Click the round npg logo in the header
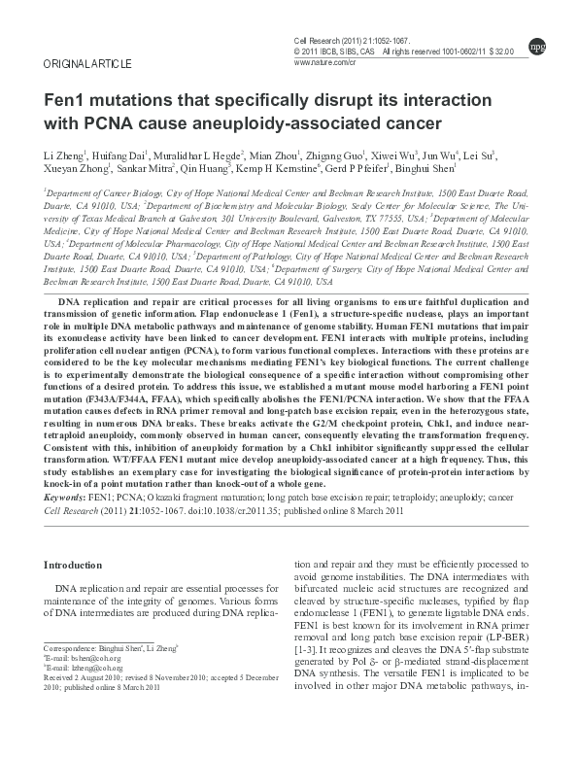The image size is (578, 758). pos(536,45)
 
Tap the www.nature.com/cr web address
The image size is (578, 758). pos(325,60)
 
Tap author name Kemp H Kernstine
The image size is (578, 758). pos(300,169)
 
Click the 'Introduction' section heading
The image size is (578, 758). pos(74,565)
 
